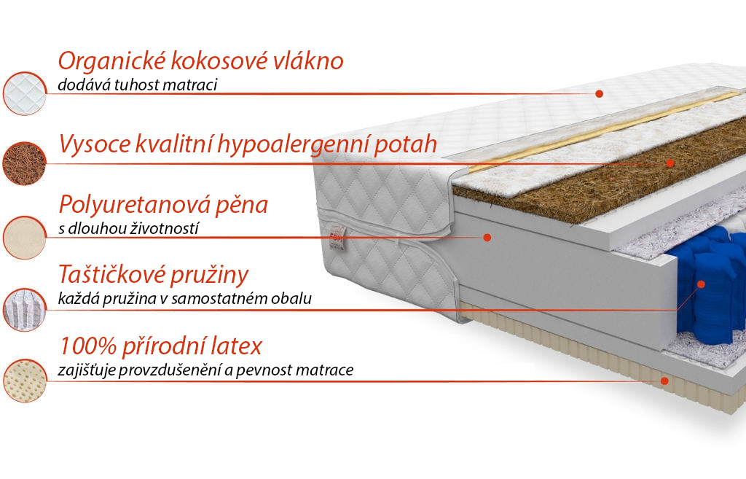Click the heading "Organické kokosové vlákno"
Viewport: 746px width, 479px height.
[200, 62]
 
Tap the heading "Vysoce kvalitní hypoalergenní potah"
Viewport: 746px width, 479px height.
[248, 144]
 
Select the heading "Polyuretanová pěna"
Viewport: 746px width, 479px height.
[163, 205]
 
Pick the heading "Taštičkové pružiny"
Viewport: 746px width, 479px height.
[153, 275]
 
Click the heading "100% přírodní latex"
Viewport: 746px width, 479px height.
[161, 346]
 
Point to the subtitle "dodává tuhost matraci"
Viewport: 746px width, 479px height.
[138, 85]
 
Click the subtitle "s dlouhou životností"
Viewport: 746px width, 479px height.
[128, 228]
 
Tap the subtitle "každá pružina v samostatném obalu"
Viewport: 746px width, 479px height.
[184, 298]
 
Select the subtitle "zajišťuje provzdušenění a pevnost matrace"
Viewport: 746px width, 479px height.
[205, 370]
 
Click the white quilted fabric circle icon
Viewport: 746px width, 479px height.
[25, 94]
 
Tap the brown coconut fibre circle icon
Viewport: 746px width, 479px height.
[24, 164]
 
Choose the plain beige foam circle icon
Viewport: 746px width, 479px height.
[24, 238]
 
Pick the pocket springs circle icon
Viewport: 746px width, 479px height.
[24, 310]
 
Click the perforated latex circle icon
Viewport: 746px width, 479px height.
[25, 381]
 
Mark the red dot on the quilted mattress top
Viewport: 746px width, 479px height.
[600, 94]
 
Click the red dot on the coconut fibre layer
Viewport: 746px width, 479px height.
[670, 163]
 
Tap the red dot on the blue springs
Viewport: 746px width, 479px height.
[701, 284]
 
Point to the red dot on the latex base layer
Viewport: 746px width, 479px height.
[664, 381]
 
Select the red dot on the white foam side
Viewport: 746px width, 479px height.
[487, 237]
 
